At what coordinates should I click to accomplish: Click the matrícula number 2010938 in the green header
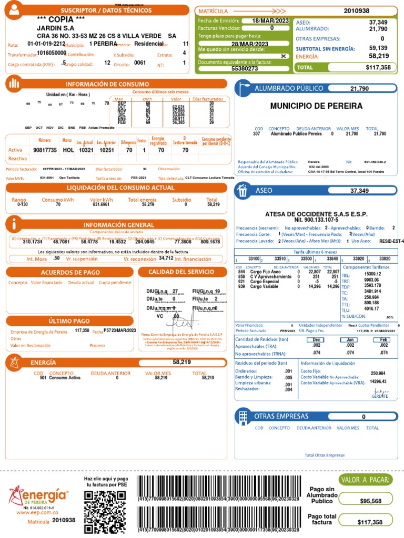(356, 11)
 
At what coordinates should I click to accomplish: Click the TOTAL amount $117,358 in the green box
(378, 68)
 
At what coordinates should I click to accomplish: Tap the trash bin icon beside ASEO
(243, 191)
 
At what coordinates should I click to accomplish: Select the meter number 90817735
(44, 150)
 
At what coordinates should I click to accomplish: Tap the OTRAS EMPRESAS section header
(281, 416)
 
